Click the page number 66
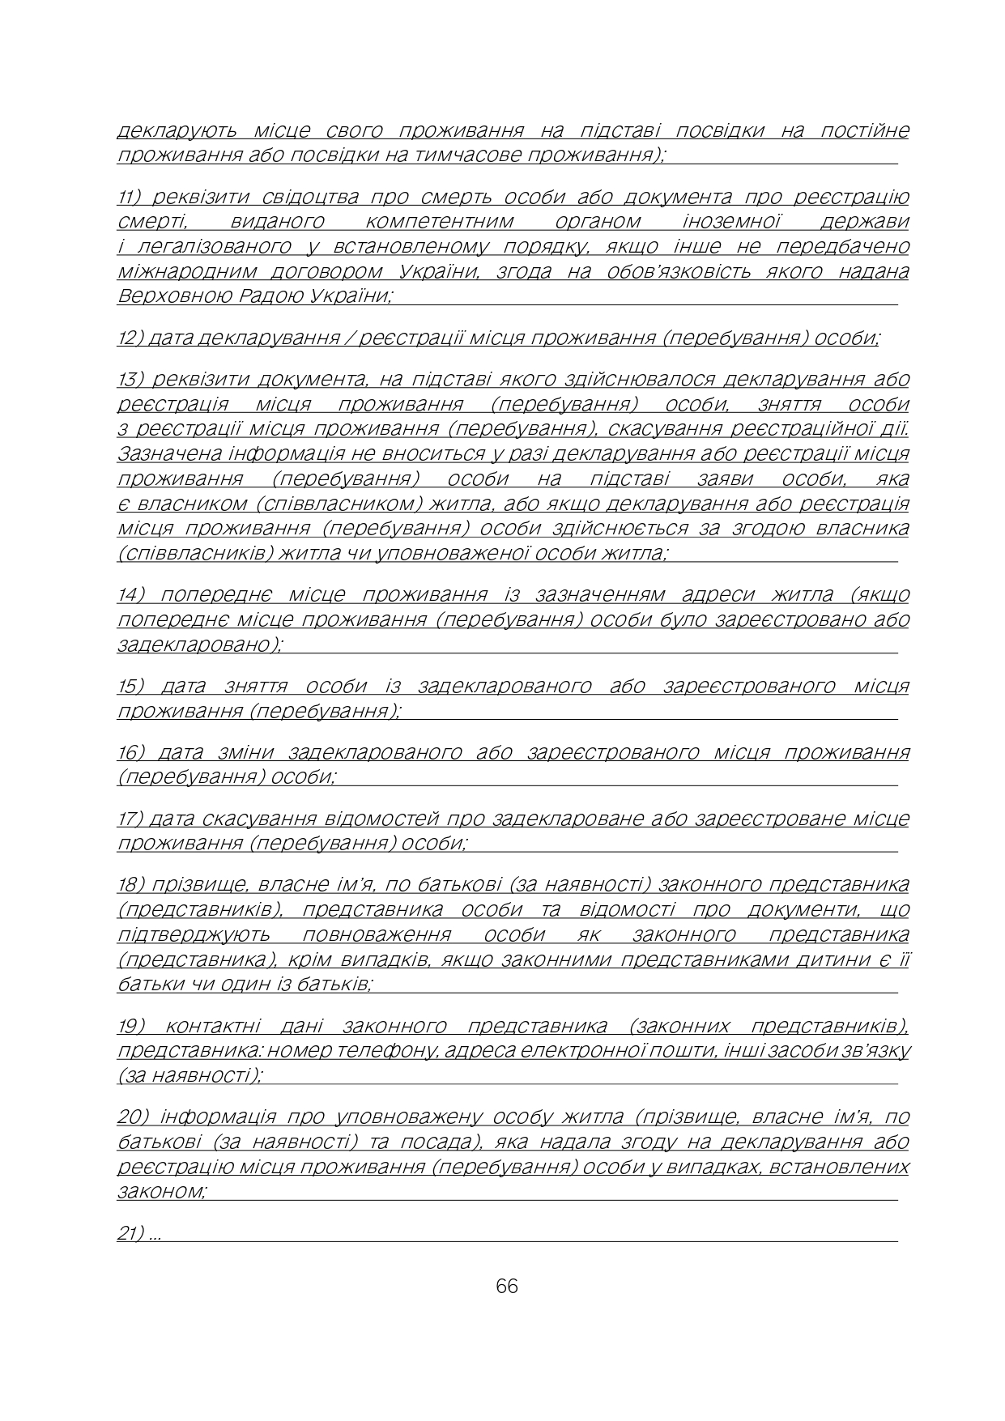pyautogui.click(x=506, y=1286)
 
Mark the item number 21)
pyautogui.click(x=131, y=1233)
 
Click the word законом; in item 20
pyautogui.click(x=162, y=1192)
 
